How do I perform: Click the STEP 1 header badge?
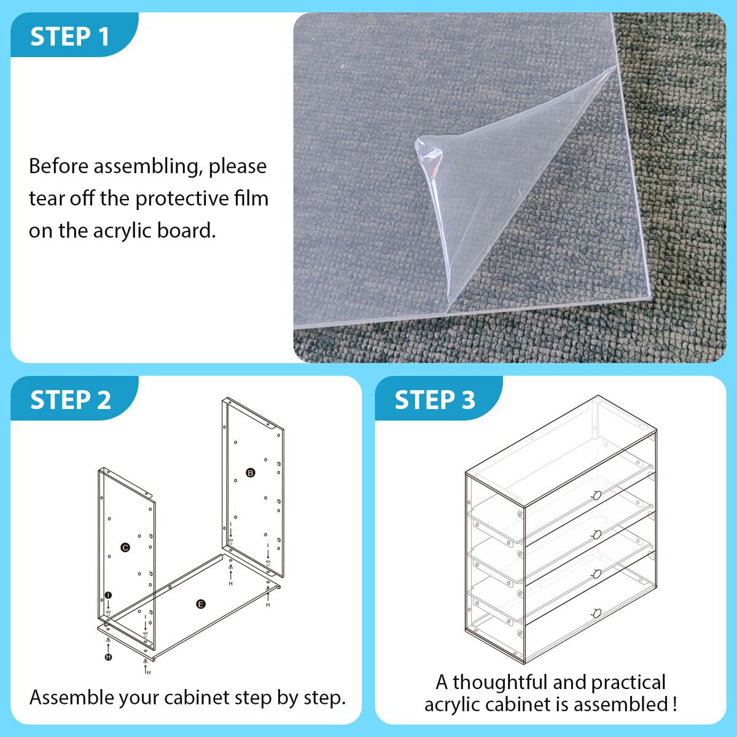pyautogui.click(x=74, y=35)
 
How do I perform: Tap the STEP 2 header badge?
pyautogui.click(x=74, y=398)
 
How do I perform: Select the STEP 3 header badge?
pyautogui.click(x=439, y=398)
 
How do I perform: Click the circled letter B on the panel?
pyautogui.click(x=251, y=473)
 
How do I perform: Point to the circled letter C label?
pyautogui.click(x=125, y=547)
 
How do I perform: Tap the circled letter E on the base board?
pyautogui.click(x=201, y=604)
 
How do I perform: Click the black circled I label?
pyautogui.click(x=109, y=595)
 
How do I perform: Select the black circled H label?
pyautogui.click(x=109, y=657)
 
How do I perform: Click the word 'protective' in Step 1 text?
pyautogui.click(x=181, y=199)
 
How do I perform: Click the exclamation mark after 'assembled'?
pyautogui.click(x=674, y=704)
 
